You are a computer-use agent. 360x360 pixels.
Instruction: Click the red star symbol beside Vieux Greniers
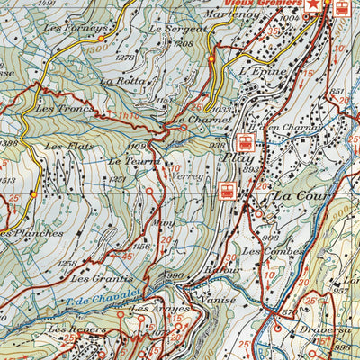coord(312,6)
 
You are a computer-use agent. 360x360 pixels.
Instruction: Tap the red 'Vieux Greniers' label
coord(268,4)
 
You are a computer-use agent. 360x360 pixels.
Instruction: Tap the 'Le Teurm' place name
coord(128,161)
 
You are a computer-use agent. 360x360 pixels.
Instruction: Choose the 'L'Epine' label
coord(264,71)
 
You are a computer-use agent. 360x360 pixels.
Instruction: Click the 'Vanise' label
coord(218,299)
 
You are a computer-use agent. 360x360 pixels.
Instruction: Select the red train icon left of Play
coord(243,141)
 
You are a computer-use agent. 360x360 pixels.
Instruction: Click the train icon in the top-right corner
coord(341,9)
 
